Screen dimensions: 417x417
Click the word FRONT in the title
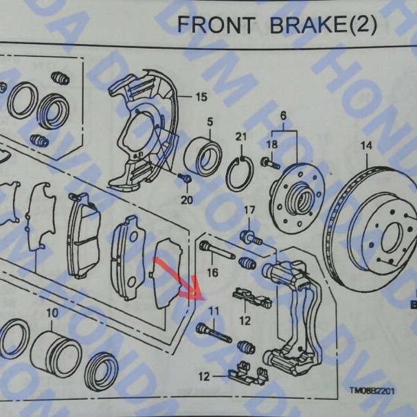point(216,25)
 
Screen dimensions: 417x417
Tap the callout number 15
point(201,96)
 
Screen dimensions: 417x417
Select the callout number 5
point(211,122)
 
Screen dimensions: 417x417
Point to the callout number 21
point(240,137)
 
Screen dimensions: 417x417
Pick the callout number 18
point(272,144)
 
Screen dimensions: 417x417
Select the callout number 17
point(250,210)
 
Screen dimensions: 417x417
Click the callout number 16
point(212,273)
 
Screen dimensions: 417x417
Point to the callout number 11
point(214,311)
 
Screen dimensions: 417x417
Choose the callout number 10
point(51,314)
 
